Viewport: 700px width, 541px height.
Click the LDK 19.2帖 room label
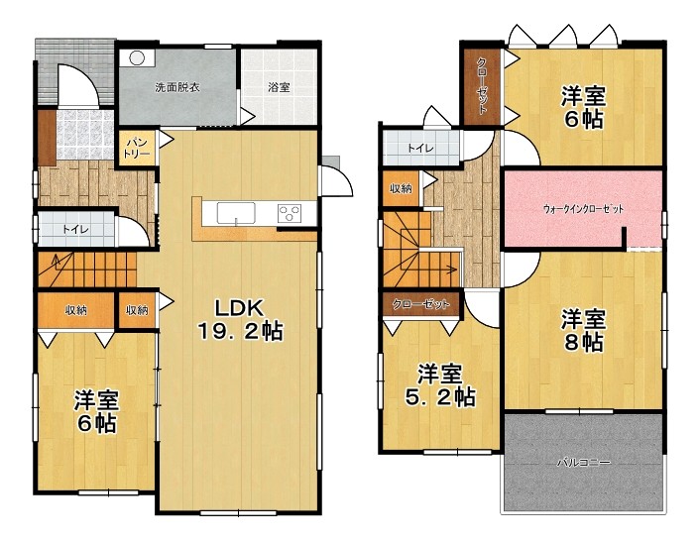click(x=240, y=319)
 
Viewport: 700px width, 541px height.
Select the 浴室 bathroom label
click(x=279, y=87)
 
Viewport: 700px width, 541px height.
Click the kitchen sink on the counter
click(x=236, y=213)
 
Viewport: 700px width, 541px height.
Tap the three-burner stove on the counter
click(x=290, y=213)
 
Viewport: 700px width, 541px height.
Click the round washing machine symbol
click(x=138, y=58)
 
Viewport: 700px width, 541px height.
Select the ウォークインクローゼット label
click(x=583, y=209)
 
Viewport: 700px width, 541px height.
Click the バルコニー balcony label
click(x=583, y=463)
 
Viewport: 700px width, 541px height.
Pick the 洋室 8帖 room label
click(x=583, y=330)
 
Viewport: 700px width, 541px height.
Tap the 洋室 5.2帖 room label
click(x=440, y=385)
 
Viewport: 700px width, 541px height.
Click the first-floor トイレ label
click(x=76, y=229)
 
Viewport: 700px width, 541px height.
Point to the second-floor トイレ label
click(x=420, y=148)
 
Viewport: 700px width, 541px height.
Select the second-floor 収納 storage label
click(x=401, y=188)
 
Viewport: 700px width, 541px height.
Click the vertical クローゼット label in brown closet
click(x=482, y=85)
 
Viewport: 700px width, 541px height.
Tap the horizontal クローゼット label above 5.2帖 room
click(x=420, y=304)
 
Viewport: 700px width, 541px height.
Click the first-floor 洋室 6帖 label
click(x=96, y=411)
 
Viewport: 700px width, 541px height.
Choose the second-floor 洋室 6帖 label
click(x=583, y=107)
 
